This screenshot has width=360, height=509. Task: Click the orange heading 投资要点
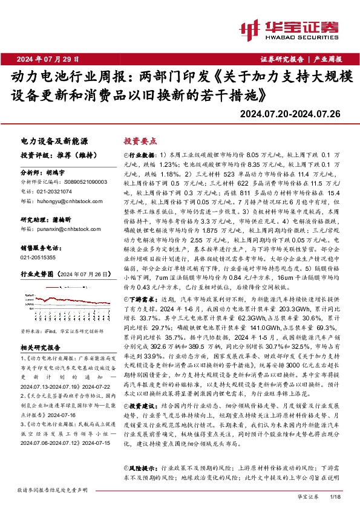point(138,140)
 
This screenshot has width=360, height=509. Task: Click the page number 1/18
point(338,496)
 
